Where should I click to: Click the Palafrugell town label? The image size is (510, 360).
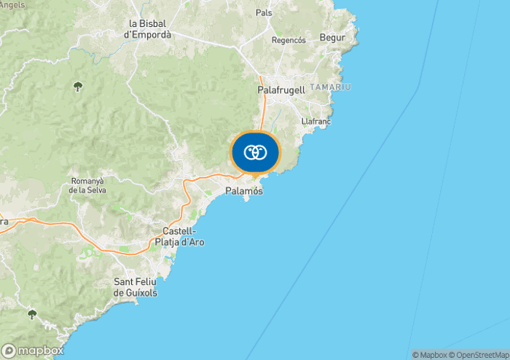(280, 90)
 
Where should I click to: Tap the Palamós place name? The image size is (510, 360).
(244, 191)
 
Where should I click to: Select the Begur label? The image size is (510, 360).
(333, 37)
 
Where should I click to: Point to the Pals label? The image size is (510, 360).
(264, 13)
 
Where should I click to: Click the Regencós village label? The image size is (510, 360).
(289, 40)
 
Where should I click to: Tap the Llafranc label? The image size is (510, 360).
(316, 122)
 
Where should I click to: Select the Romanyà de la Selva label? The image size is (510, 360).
(89, 185)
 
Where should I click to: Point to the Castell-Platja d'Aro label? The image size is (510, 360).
(178, 237)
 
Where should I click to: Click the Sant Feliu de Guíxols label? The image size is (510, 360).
(136, 287)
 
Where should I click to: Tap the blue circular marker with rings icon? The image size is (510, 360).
(255, 153)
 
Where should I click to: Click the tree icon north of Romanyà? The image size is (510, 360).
(77, 87)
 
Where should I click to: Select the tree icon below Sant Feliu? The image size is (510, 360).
(31, 314)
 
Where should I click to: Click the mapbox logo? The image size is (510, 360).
(33, 351)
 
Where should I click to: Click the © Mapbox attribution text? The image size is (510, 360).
(429, 355)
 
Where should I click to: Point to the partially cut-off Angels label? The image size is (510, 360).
(12, 4)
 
